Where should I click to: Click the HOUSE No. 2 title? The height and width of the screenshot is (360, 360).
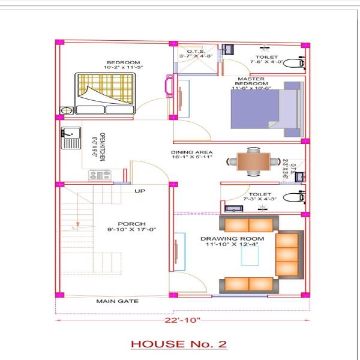click(179, 344)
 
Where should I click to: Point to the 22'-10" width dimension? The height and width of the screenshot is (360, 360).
click(182, 320)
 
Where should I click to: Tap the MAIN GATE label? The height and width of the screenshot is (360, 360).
click(118, 301)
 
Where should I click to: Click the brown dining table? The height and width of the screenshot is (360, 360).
click(253, 161)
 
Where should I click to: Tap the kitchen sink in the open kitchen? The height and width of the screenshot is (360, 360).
click(71, 138)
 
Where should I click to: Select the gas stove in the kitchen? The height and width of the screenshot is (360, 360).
click(100, 175)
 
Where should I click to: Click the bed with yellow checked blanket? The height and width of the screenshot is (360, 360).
click(105, 94)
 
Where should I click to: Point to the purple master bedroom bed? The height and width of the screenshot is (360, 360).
click(267, 109)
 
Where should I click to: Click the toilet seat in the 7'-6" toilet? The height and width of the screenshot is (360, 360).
click(294, 63)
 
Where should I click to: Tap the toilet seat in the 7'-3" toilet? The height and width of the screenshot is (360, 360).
click(294, 197)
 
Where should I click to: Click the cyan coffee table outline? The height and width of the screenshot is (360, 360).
click(250, 256)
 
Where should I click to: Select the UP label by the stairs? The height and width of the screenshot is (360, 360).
click(140, 191)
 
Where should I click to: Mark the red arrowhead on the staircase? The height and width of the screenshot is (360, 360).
click(78, 224)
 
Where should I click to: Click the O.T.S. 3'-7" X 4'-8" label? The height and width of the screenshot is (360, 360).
click(196, 54)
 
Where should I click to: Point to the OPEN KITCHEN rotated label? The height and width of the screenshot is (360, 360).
click(99, 147)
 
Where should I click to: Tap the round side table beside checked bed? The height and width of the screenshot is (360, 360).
click(67, 110)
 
